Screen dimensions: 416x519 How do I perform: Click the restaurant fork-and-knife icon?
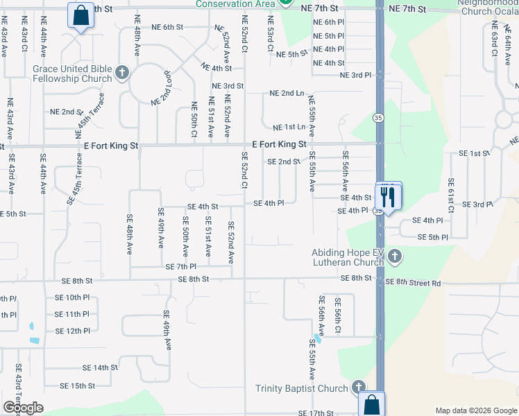point(388,196)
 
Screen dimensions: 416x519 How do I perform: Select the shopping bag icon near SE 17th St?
point(372,404)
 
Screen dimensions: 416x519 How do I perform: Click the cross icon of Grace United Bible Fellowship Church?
point(122,73)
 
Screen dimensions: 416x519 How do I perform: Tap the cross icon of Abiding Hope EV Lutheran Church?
point(394,257)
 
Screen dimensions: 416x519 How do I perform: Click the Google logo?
point(23,408)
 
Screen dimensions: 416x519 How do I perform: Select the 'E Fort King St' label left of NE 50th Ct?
point(112,147)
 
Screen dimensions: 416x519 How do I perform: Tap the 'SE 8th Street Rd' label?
point(413,283)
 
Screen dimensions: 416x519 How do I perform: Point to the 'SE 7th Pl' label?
point(181,267)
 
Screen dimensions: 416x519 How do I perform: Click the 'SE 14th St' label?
point(100,368)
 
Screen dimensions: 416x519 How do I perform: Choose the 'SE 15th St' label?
point(77,385)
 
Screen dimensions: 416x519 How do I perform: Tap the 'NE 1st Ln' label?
point(289,128)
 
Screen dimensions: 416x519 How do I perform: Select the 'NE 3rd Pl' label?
point(356,75)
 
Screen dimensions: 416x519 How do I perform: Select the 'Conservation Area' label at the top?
point(236,4)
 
